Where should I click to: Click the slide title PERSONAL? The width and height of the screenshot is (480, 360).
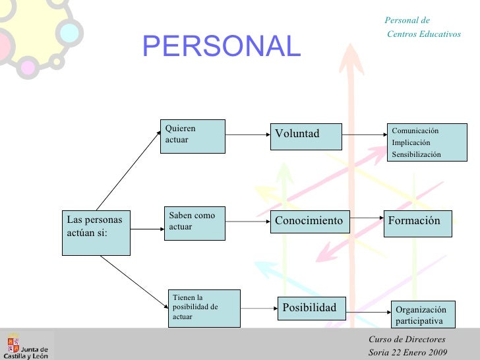tap(221, 45)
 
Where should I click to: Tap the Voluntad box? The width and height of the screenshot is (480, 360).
tap(306, 136)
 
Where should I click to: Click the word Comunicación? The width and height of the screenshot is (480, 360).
tap(415, 131)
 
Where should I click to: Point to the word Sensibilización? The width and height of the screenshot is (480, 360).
tap(416, 154)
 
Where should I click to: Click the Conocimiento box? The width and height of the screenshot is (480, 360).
tap(310, 221)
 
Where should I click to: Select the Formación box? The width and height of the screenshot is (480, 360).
tap(418, 222)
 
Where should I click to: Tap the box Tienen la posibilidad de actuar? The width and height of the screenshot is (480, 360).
tap(204, 308)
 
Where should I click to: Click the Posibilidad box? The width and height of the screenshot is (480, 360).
tap(310, 308)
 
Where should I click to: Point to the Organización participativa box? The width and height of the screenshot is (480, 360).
tap(422, 315)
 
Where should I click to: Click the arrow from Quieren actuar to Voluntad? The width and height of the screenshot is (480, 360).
tap(247, 136)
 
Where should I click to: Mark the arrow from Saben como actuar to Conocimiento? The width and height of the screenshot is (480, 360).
tap(248, 222)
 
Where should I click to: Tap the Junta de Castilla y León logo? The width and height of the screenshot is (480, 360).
tap(27, 344)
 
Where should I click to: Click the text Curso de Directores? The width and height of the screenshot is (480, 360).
tap(398, 340)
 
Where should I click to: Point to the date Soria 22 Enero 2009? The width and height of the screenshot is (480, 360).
tap(407, 352)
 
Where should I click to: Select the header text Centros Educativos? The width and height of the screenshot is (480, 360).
tap(424, 34)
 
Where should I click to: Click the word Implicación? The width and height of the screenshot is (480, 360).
tap(411, 142)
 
